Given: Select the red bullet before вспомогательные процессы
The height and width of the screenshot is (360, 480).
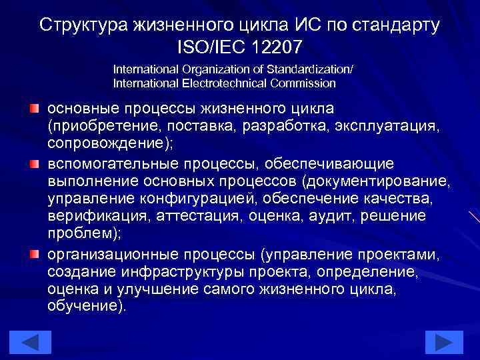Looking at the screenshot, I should (34, 163).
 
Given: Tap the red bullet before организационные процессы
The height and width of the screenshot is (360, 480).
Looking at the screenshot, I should (34, 254).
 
